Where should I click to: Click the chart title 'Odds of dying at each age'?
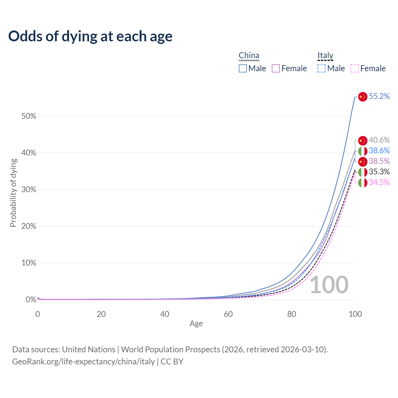pyautogui.click(x=90, y=36)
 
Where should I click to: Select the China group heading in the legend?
pyautogui.click(x=249, y=56)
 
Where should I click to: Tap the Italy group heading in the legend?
pyautogui.click(x=325, y=56)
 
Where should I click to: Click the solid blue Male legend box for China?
pyautogui.click(x=243, y=68)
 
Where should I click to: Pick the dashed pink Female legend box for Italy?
pyautogui.click(x=355, y=68)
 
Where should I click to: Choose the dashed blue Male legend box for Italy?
pyautogui.click(x=322, y=68)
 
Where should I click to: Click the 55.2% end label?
pyautogui.click(x=379, y=96)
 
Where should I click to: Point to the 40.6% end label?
pyautogui.click(x=379, y=140)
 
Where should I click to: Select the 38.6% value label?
pyautogui.click(x=379, y=151)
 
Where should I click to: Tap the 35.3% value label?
pyautogui.click(x=379, y=172)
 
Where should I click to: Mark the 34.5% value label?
pyautogui.click(x=379, y=183)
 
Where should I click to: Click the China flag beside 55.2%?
pyautogui.click(x=363, y=97)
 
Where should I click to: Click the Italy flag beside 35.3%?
pyautogui.click(x=363, y=172)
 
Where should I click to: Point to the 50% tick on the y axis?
pyautogui.click(x=29, y=116)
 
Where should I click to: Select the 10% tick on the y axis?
pyautogui.click(x=29, y=263)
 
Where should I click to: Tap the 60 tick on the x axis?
pyautogui.click(x=228, y=314)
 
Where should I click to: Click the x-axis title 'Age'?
pyautogui.click(x=196, y=324)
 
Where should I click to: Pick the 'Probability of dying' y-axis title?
pyautogui.click(x=13, y=193)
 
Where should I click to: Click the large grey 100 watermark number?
pyautogui.click(x=329, y=285)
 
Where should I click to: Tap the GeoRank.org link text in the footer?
pyautogui.click(x=83, y=362)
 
